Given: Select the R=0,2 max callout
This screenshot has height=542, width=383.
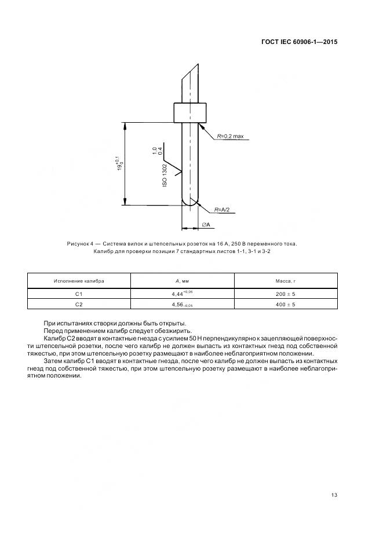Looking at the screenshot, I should [231, 137].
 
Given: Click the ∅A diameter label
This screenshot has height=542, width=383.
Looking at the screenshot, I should [206, 225].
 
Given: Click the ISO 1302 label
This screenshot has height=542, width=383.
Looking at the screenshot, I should [165, 174].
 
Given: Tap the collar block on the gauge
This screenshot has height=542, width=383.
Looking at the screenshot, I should [190, 112].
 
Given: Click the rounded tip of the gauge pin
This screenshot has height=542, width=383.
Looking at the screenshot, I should [190, 201].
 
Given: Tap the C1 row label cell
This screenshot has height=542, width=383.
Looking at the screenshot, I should [79, 294].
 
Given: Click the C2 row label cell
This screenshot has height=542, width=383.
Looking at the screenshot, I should [79, 305].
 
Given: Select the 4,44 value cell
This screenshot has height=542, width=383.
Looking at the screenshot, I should [183, 294].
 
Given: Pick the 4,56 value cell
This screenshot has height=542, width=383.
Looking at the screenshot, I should [183, 305].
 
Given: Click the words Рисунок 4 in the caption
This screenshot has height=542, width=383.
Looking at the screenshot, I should [81, 244].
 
